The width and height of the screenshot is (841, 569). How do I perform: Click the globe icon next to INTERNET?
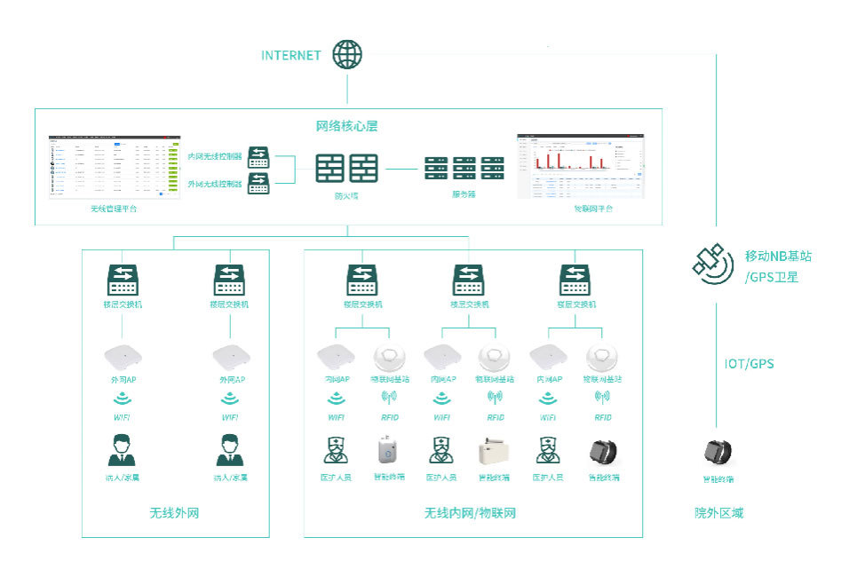click(x=347, y=54)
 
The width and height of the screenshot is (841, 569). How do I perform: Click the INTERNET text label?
click(x=290, y=55)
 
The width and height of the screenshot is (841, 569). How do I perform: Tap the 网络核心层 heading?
click(x=347, y=125)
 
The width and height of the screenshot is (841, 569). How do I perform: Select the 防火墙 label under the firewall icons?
click(x=346, y=194)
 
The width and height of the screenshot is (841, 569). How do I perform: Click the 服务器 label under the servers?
click(x=464, y=194)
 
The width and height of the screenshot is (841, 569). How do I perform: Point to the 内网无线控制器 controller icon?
click(x=258, y=156)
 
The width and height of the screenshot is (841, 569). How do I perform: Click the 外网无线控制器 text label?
click(x=214, y=185)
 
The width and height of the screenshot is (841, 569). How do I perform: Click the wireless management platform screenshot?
click(x=115, y=167)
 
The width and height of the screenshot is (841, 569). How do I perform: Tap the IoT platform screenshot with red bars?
click(x=580, y=167)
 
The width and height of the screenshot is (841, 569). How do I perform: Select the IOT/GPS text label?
click(x=750, y=364)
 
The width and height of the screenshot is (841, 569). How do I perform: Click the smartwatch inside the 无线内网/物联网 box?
click(x=603, y=450)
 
